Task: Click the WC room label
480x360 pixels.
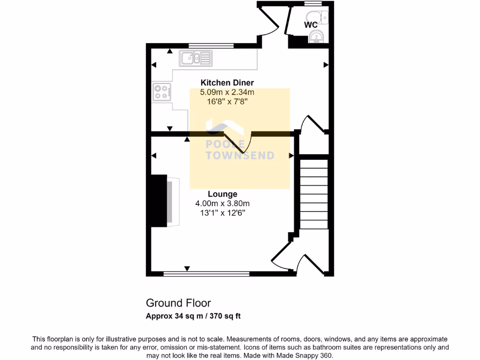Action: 311,25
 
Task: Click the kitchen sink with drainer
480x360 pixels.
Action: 195,59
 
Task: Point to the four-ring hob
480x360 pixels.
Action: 161,91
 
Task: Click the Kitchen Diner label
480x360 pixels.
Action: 227,83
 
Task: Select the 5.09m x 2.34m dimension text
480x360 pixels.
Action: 227,92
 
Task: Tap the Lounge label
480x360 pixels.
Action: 222,194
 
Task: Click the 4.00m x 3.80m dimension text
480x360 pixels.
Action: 222,203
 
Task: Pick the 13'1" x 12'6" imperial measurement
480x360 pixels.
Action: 222,212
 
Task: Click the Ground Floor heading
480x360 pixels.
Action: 178,303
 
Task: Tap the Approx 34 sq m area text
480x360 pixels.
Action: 193,316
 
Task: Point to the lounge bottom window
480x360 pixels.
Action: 206,273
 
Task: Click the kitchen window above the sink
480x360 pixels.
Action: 211,46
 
